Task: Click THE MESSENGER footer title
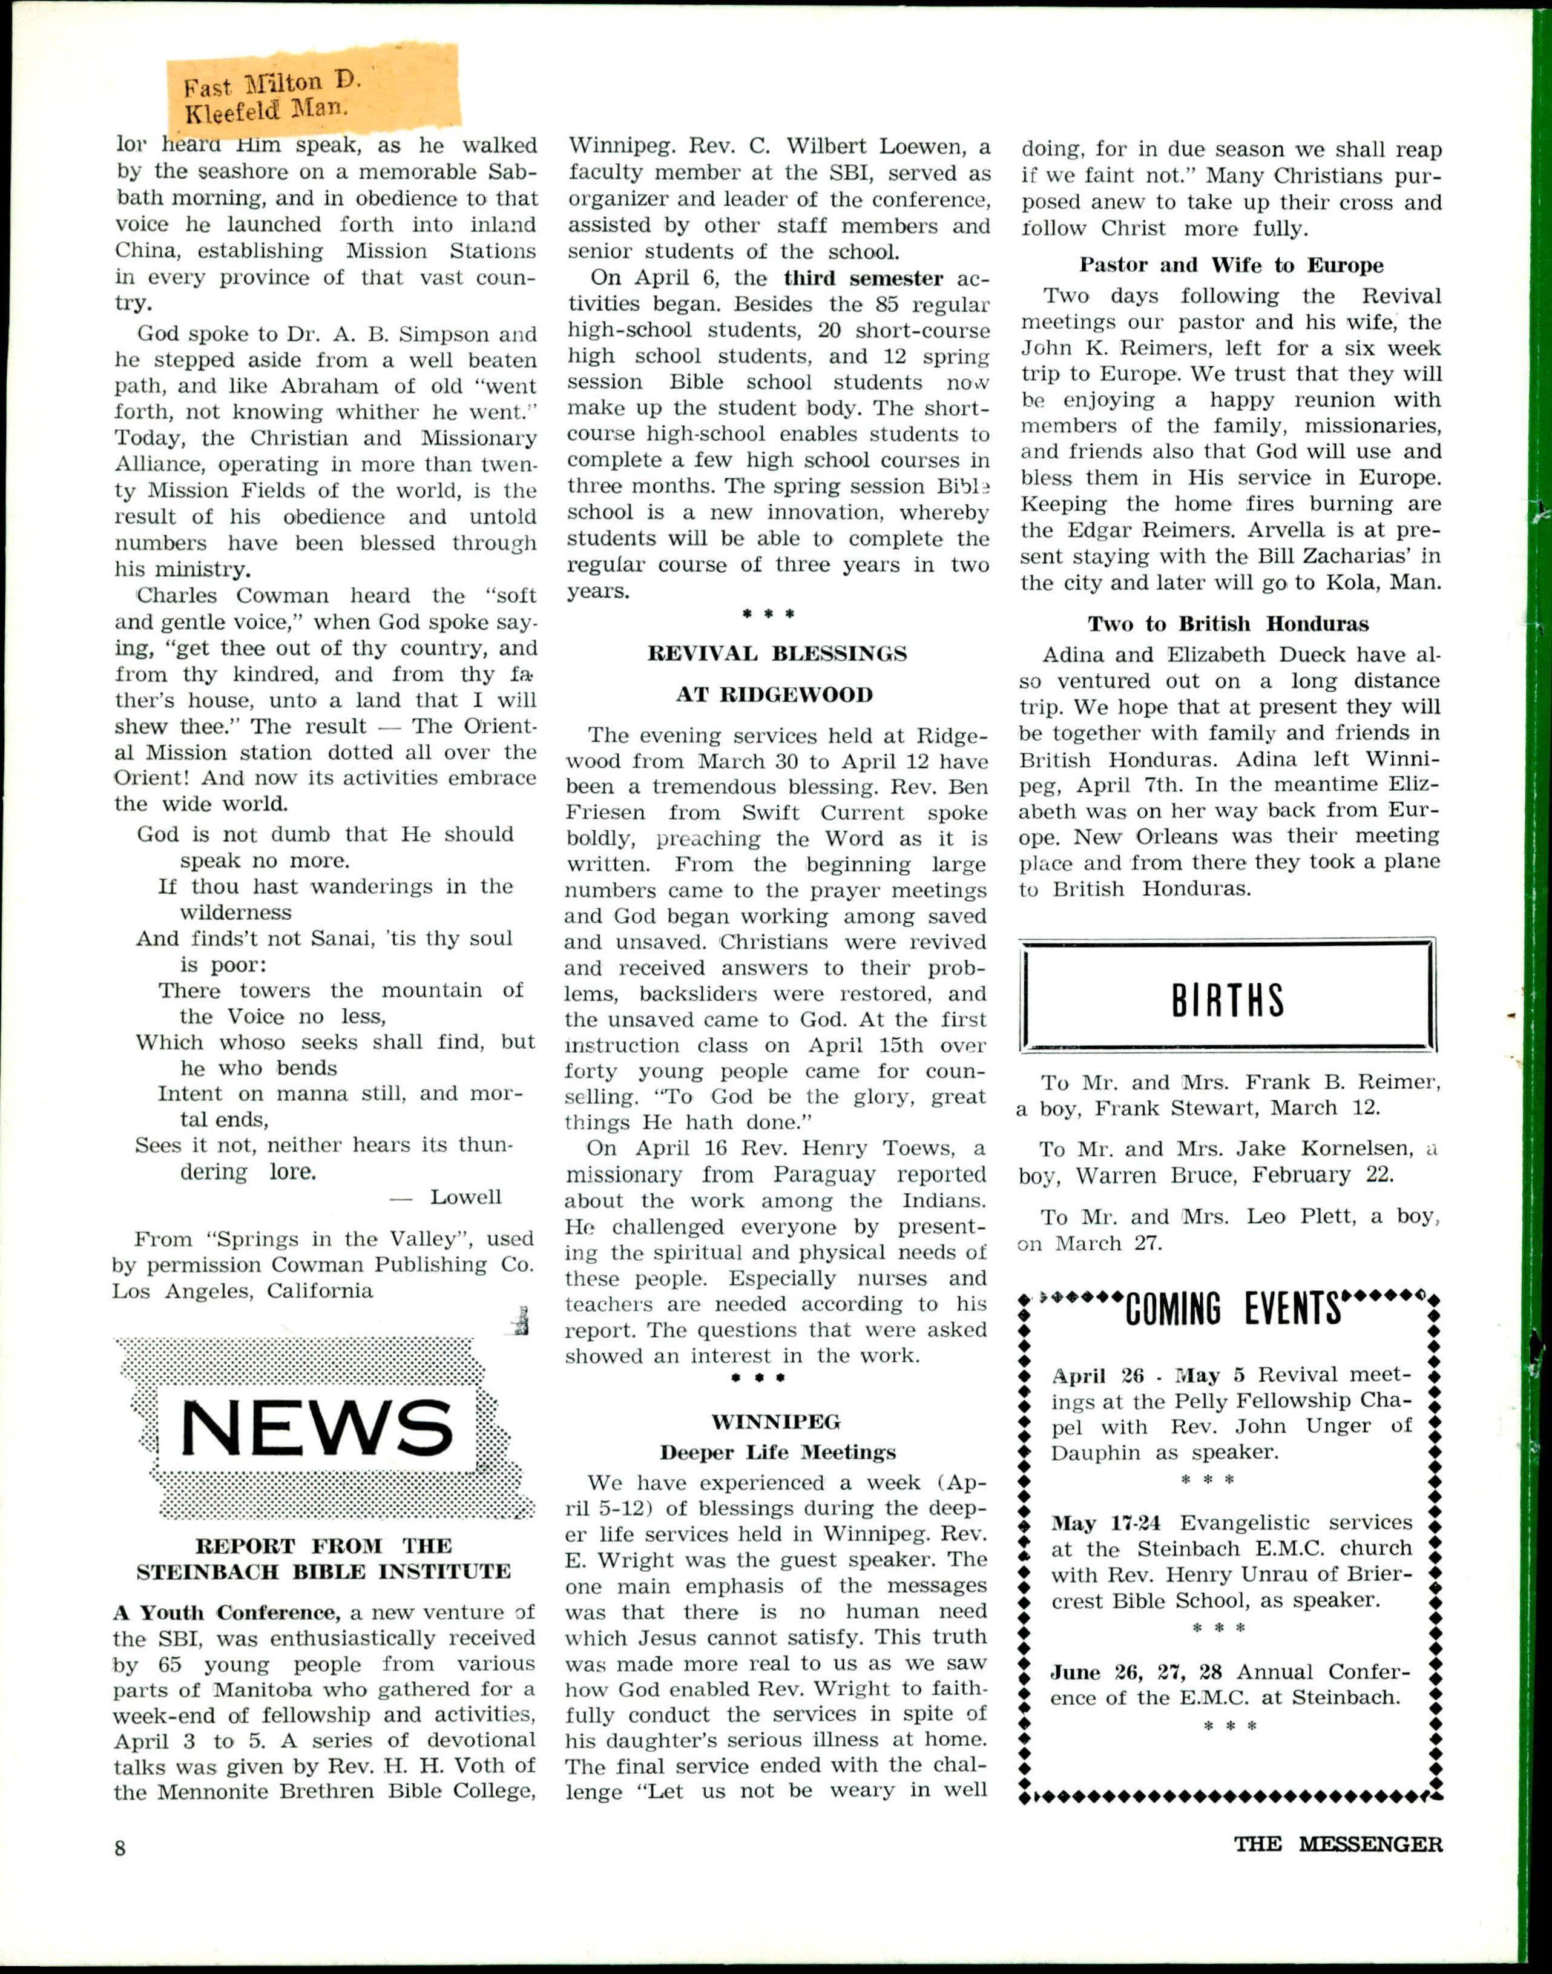pyautogui.click(x=1338, y=1844)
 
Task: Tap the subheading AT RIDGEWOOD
pyautogui.click(x=774, y=695)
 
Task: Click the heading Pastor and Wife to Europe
pyautogui.click(x=1231, y=265)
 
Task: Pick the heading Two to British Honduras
pyautogui.click(x=1229, y=624)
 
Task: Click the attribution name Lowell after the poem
pyautogui.click(x=465, y=1197)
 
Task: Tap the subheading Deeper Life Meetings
pyautogui.click(x=777, y=1452)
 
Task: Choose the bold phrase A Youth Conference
pyautogui.click(x=226, y=1613)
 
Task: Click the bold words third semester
pyautogui.click(x=863, y=278)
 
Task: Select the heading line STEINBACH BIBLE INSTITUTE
pyautogui.click(x=323, y=1573)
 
